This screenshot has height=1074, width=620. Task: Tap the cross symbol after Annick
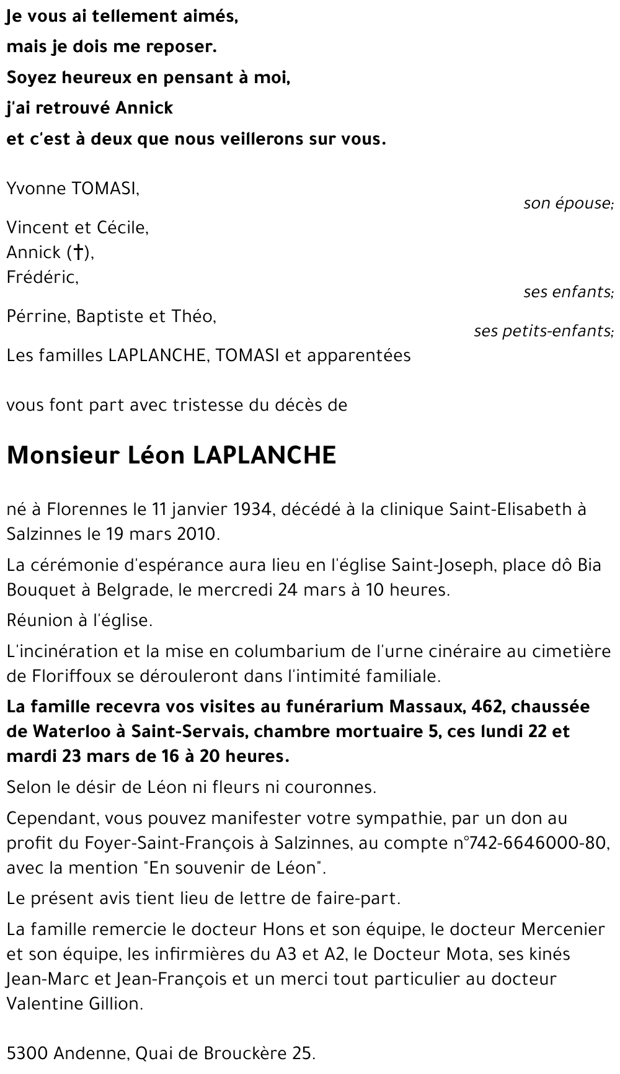(78, 252)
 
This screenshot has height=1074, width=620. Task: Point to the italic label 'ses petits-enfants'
(543, 331)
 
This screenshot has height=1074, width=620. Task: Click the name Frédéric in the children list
(42, 277)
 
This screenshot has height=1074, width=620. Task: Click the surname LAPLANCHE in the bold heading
(265, 455)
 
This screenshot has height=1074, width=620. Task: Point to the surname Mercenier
(562, 929)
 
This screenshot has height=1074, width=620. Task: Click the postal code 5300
(27, 1053)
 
